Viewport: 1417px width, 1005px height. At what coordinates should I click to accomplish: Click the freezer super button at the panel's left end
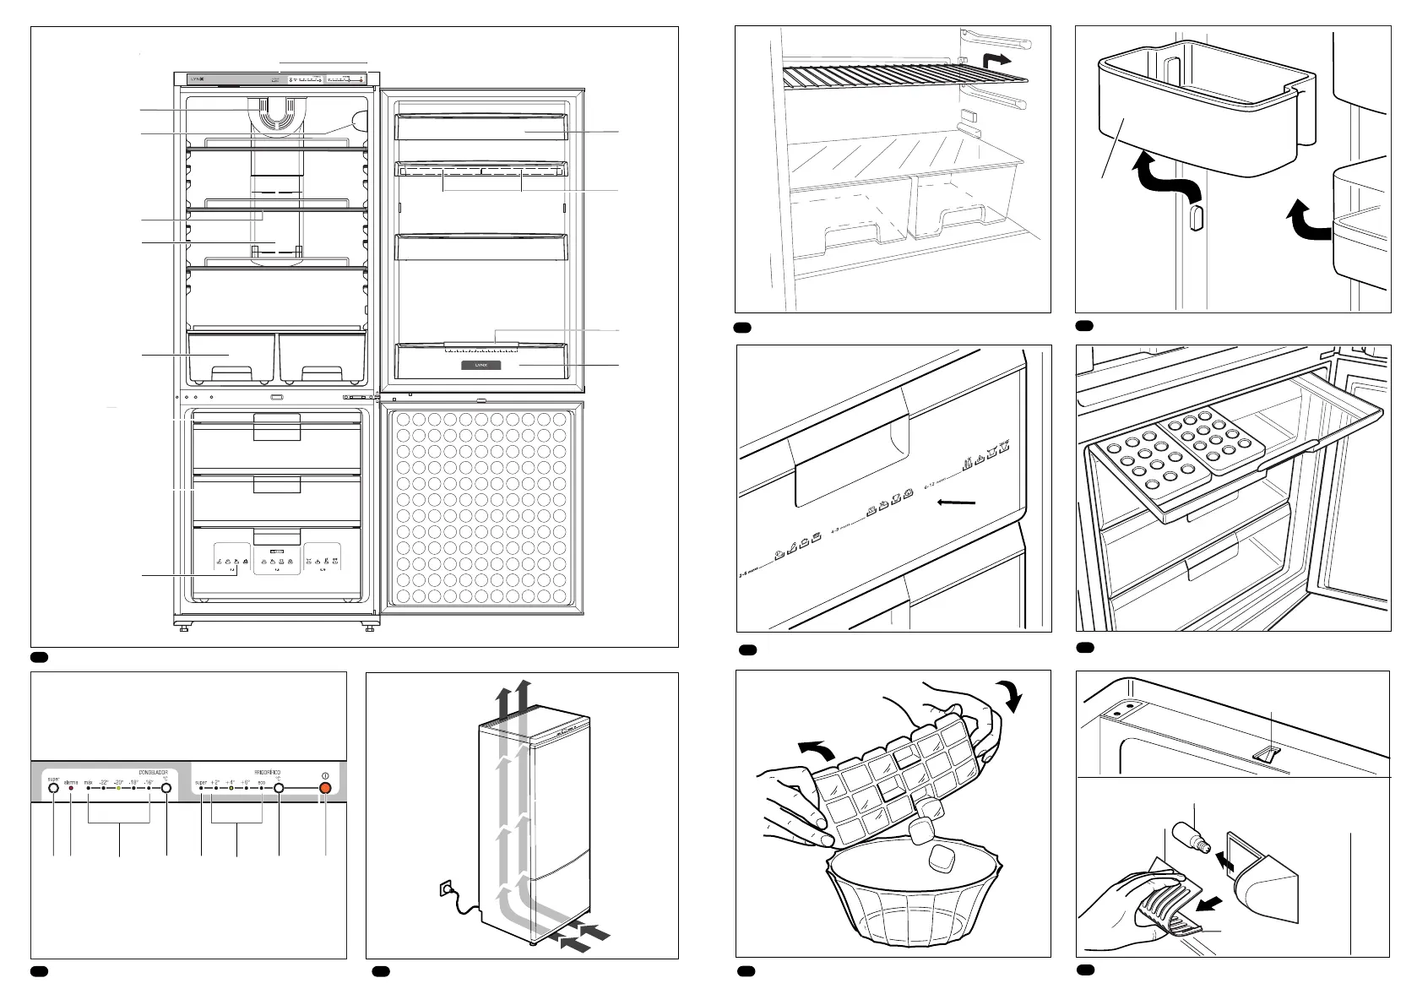[x=53, y=789]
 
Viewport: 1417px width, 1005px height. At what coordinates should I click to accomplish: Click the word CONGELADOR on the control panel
[x=153, y=772]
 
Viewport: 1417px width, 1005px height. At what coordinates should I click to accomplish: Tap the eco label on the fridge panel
[x=261, y=783]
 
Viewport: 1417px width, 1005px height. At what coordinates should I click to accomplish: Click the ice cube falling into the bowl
[x=940, y=860]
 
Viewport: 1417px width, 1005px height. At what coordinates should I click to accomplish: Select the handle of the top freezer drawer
[x=278, y=426]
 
